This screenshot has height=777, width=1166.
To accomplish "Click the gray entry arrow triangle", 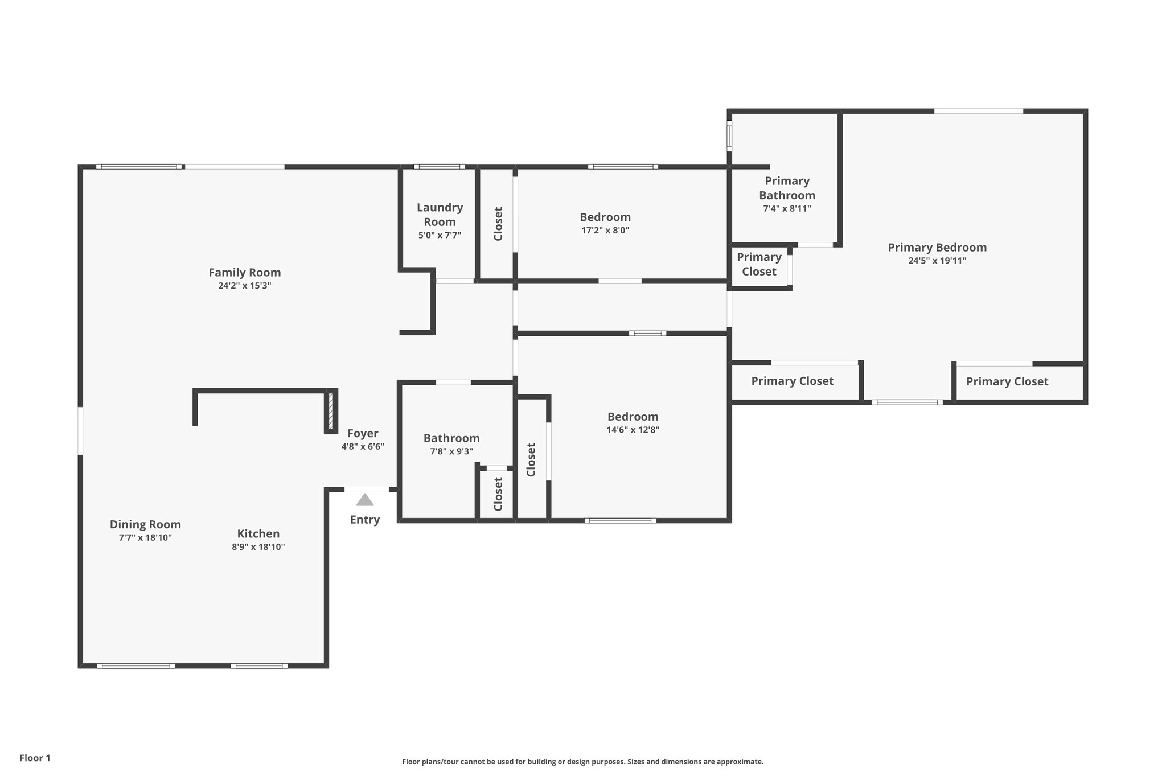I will click(x=365, y=500).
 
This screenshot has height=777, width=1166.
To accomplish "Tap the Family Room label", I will click(x=244, y=273).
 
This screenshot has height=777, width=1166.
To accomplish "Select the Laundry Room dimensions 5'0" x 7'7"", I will click(x=440, y=235).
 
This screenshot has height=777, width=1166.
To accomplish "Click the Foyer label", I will click(x=363, y=434).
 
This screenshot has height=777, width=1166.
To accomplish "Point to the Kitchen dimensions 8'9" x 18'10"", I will click(x=258, y=547).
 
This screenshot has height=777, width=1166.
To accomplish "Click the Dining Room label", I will click(x=145, y=524).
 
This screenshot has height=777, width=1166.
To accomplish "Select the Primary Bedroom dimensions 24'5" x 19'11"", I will click(x=937, y=261).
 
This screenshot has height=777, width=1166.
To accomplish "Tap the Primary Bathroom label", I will click(x=787, y=188).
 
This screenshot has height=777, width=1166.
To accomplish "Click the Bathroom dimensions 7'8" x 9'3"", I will click(x=451, y=452).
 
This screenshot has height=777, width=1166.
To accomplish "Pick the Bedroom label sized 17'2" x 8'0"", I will click(x=605, y=217).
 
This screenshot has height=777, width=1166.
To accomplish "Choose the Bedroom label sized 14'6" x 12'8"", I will click(x=633, y=417).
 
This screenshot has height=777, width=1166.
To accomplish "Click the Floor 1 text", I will click(x=35, y=758).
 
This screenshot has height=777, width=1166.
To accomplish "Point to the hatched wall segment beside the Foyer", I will click(x=330, y=411).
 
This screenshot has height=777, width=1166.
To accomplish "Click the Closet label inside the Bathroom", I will click(x=498, y=494).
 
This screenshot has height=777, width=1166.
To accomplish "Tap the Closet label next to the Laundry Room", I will click(x=498, y=224).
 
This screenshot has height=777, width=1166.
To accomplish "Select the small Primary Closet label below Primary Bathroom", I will click(x=759, y=264).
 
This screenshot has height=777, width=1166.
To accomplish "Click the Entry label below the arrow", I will click(x=364, y=520).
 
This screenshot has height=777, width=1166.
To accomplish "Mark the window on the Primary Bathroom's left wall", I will click(x=729, y=135).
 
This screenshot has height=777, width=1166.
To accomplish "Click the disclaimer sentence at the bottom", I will click(x=582, y=762).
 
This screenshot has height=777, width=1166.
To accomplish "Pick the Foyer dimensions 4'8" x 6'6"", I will click(x=363, y=447).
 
